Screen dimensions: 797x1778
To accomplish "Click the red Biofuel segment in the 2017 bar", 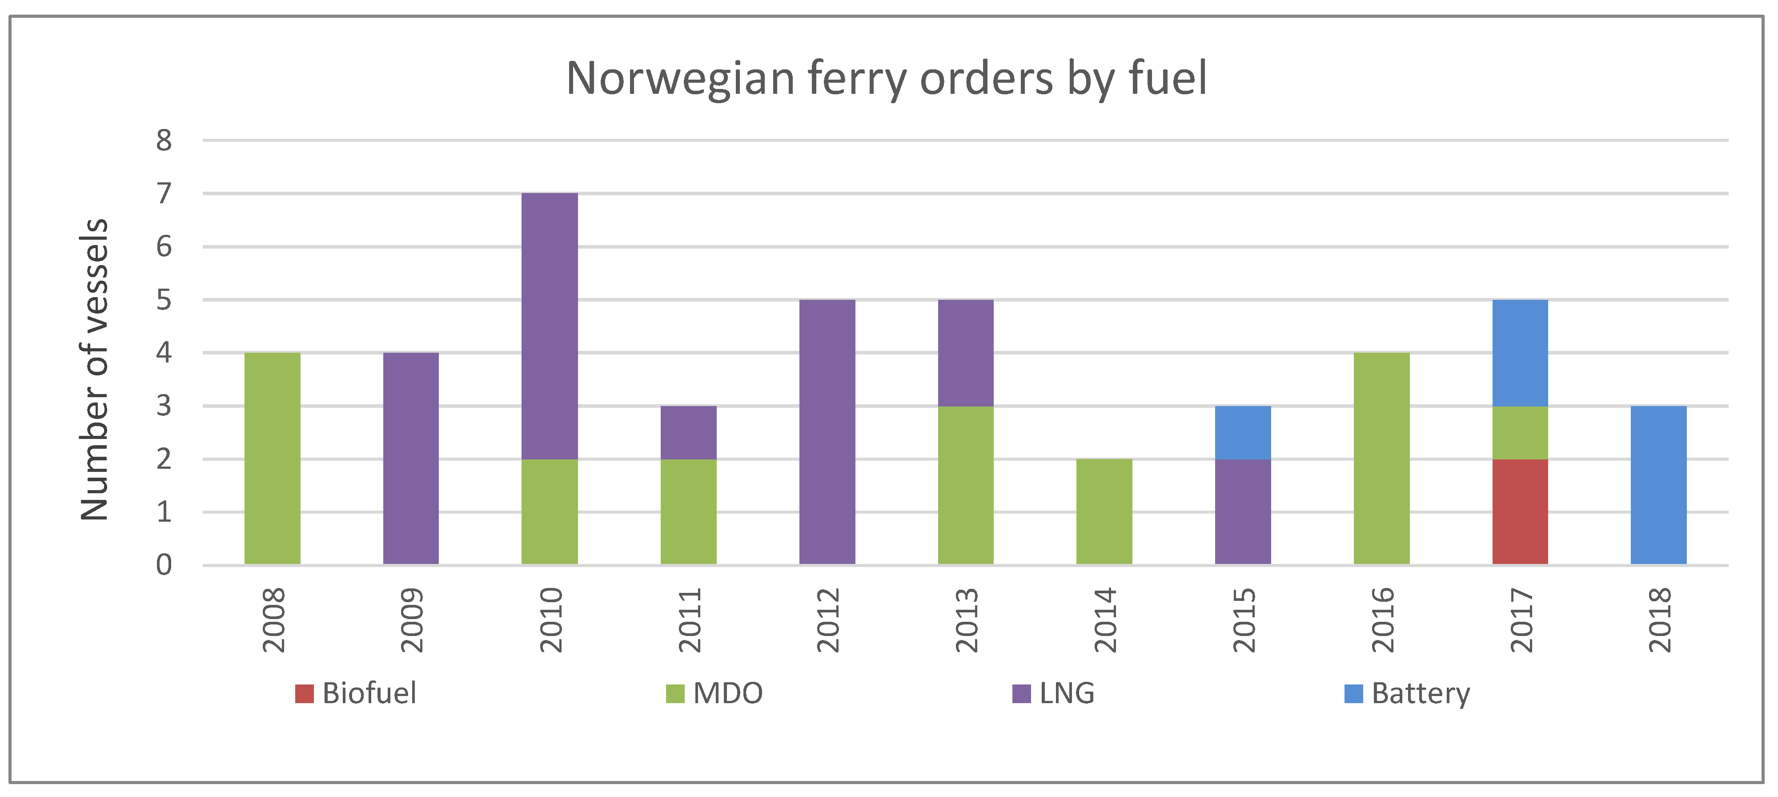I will (1519, 512).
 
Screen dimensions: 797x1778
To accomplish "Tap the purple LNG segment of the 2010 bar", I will (550, 326).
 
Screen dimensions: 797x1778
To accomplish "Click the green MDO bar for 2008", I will (272, 459).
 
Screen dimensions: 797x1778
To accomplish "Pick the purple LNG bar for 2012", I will (827, 432).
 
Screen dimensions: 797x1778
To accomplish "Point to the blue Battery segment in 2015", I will (1242, 432).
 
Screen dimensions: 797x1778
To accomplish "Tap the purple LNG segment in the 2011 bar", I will (688, 432).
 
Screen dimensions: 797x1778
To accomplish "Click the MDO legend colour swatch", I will (674, 693).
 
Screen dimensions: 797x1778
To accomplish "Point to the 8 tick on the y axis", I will (164, 141).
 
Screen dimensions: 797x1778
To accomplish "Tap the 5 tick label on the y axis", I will (164, 300).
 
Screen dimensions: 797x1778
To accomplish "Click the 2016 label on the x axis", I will (1382, 620).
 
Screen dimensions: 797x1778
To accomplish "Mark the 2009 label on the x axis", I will (412, 620).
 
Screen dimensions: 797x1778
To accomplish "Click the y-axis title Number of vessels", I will (95, 370).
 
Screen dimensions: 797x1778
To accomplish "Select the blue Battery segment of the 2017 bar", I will (1519, 353).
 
